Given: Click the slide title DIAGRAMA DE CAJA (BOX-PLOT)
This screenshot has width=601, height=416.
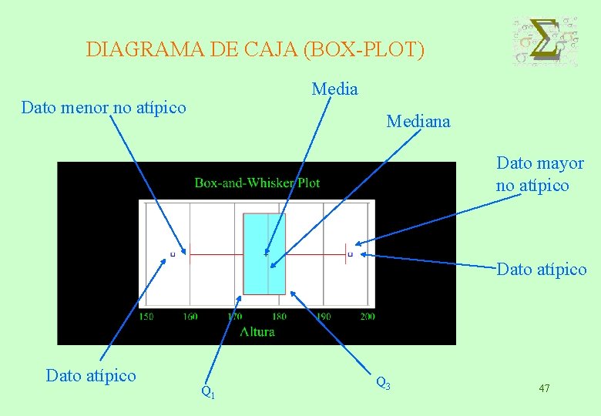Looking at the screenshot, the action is tap(255, 50).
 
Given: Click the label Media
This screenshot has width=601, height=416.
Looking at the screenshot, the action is tap(334, 89).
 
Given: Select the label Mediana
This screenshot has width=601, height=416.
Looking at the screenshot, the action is tap(418, 121).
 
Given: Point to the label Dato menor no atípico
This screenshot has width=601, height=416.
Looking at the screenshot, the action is tap(104, 107).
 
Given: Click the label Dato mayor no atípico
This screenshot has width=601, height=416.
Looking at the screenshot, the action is tap(539, 174).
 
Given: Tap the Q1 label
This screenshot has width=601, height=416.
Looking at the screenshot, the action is tap(207, 391).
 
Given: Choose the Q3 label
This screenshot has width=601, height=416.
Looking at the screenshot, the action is tap(383, 381).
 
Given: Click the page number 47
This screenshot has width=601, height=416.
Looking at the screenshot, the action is tap(544, 388).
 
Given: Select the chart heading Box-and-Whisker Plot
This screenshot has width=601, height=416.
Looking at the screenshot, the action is tap(257, 183).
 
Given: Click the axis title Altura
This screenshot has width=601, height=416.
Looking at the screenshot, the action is tap(257, 331).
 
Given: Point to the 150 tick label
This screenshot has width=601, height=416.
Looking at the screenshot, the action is tap(146, 316).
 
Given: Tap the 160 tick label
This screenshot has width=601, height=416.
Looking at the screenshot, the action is tap(190, 316).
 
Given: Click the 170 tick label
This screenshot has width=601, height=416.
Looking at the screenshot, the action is tap(234, 316).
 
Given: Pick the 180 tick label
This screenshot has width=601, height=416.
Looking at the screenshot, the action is tap(279, 316).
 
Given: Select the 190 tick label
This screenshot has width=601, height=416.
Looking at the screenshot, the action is tap(323, 316).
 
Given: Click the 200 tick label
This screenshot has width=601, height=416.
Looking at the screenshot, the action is tap(367, 316).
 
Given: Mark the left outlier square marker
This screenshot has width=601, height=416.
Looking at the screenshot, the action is tap(173, 253).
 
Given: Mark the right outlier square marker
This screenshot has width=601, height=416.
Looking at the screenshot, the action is tap(351, 253).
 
